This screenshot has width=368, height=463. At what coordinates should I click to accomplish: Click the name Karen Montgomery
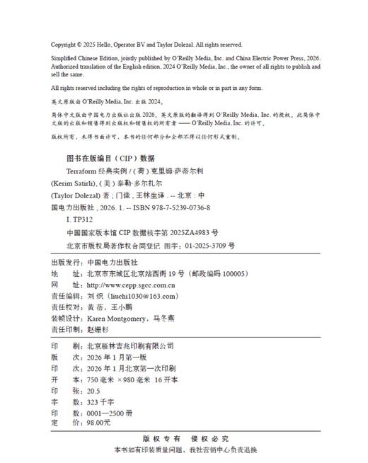pyautogui.click(x=123, y=319)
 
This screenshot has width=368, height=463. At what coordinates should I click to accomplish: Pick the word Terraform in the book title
pyautogui.click(x=81, y=171)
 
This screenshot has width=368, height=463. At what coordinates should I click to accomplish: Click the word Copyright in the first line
pyautogui.click(x=65, y=44)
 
